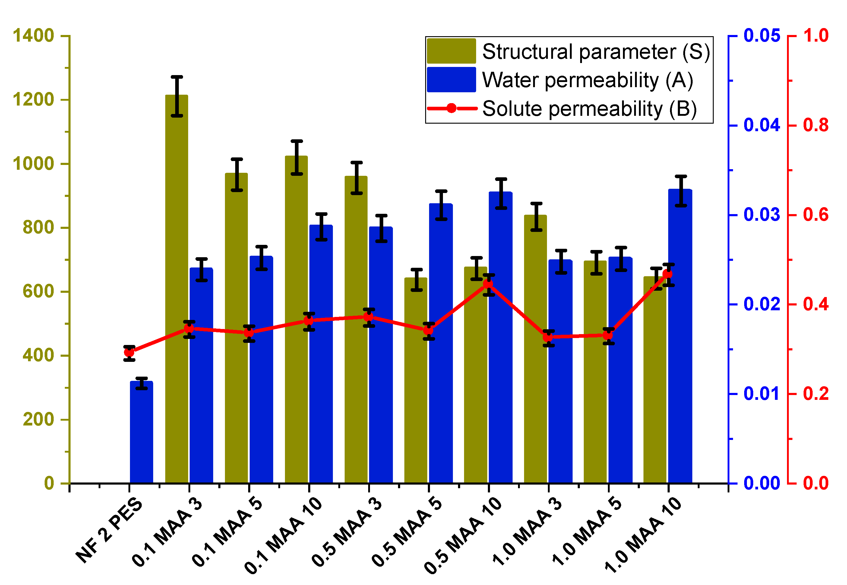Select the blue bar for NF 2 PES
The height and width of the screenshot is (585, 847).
point(141,432)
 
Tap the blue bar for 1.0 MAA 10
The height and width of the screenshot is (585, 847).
point(680,337)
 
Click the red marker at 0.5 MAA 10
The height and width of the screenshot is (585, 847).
point(488,284)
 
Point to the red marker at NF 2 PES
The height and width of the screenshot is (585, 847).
point(129,353)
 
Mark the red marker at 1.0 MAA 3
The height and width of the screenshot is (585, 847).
point(548,337)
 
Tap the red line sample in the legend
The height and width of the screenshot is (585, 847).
point(451,108)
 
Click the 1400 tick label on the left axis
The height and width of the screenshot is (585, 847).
point(33,36)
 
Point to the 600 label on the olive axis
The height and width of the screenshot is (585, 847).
point(38,291)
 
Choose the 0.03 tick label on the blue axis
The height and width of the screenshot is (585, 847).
point(762,214)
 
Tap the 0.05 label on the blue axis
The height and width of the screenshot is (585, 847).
point(762,36)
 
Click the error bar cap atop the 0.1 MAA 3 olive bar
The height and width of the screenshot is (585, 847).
point(177,77)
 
